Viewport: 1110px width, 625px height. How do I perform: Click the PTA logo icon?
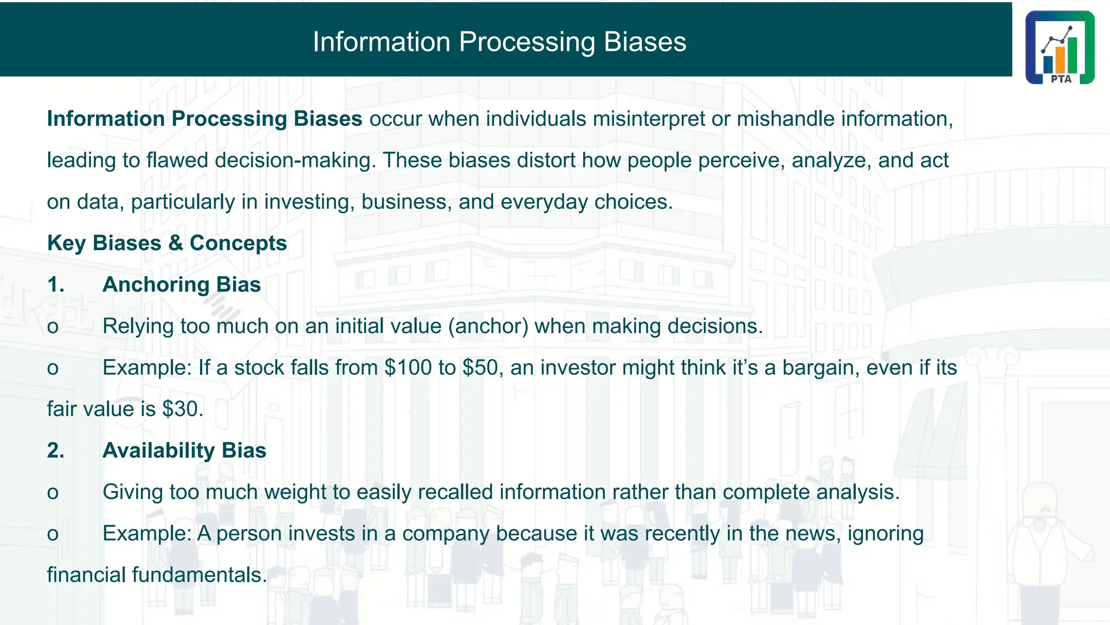click(x=1060, y=47)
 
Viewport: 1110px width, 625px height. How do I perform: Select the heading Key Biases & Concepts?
click(x=167, y=243)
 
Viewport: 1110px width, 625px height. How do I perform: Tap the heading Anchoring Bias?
click(x=182, y=285)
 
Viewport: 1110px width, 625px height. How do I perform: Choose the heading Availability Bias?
click(x=184, y=451)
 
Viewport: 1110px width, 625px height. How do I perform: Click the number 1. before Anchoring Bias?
click(x=56, y=285)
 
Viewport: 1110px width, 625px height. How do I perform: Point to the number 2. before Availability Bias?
click(x=56, y=451)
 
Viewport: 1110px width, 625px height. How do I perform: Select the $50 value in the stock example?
click(x=480, y=368)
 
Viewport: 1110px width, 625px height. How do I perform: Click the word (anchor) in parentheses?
click(x=488, y=327)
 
